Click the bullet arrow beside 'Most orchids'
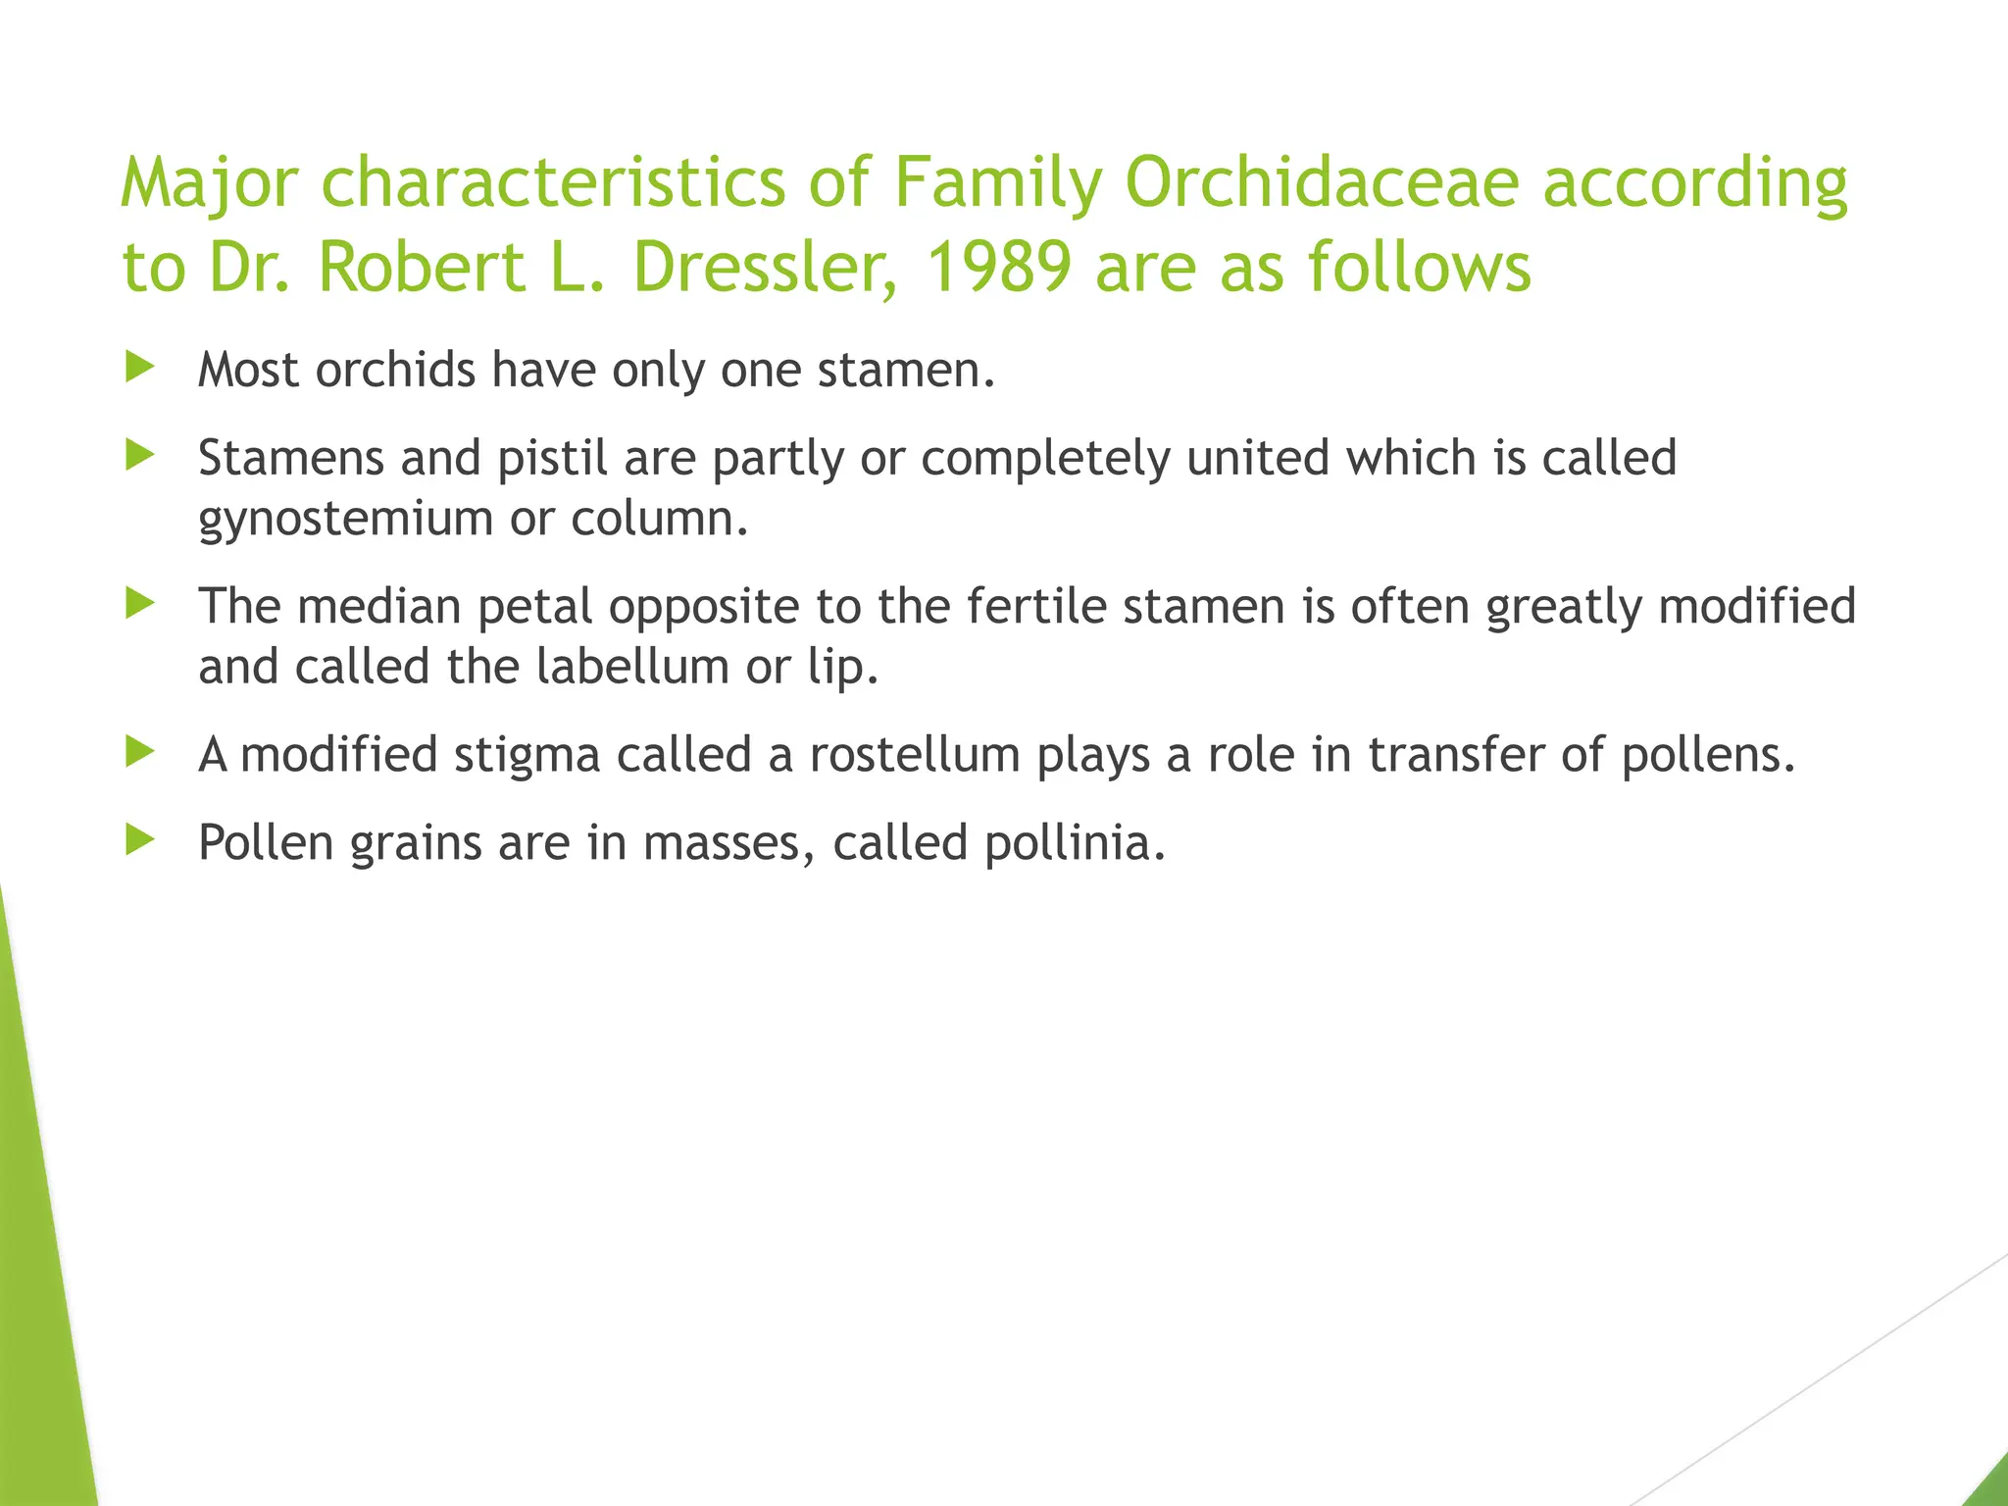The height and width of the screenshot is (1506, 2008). coord(140,369)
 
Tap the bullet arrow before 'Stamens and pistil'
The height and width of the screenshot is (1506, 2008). coord(140,456)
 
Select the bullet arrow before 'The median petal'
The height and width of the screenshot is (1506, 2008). coord(140,604)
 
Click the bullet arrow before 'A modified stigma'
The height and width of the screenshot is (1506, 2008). coord(140,753)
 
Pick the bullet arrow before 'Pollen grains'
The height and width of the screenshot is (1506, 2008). coord(140,840)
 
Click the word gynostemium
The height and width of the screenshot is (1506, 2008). coord(345,520)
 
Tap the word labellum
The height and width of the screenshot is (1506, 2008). coord(632,667)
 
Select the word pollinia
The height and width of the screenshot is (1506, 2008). coord(1075,842)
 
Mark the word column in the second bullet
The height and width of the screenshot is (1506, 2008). coord(659,520)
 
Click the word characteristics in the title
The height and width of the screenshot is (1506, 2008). coord(553,182)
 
